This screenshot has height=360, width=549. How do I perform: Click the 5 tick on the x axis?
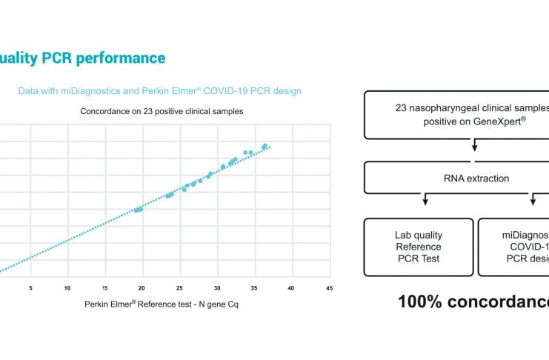pyautogui.click(x=30, y=288)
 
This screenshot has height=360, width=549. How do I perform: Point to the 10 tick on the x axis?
pyautogui.click(x=67, y=288)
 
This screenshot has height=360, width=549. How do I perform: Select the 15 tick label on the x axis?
pyautogui.click(x=104, y=288)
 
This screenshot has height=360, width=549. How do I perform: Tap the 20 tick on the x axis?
pyautogui.click(x=142, y=288)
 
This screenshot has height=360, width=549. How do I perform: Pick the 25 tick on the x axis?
pyautogui.click(x=179, y=288)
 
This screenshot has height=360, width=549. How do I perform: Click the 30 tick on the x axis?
pyautogui.click(x=217, y=288)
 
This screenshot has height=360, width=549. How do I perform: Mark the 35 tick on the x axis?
pyautogui.click(x=254, y=288)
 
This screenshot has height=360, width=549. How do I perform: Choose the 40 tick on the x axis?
pyautogui.click(x=291, y=288)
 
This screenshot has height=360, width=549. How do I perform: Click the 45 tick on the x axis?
pyautogui.click(x=329, y=288)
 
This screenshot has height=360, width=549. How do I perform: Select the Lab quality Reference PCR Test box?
pyautogui.click(x=418, y=247)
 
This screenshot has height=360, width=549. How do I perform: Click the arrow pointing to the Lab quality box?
pyautogui.click(x=425, y=201)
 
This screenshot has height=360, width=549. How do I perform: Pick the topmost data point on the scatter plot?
pyautogui.click(x=264, y=146)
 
